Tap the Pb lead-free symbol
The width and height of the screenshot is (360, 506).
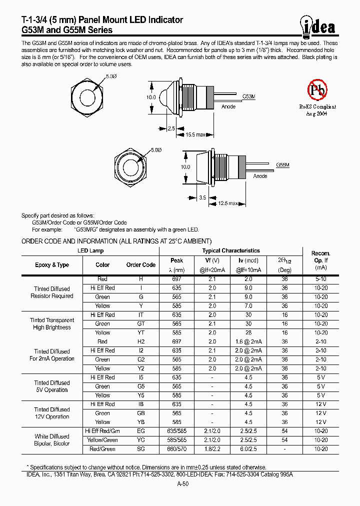(317, 90)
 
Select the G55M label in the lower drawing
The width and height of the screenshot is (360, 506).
(283, 164)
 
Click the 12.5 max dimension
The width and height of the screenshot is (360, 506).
(227, 203)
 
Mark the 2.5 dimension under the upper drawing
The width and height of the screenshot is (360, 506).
(171, 128)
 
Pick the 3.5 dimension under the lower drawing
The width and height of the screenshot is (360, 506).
(202, 197)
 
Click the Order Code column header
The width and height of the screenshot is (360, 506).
(140, 265)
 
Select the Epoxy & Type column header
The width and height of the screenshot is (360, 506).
(52, 265)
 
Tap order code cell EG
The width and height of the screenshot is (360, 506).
(140, 431)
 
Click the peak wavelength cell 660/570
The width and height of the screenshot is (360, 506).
(176, 449)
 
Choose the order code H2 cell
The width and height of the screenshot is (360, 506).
(140, 341)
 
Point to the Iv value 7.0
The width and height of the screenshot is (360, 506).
(248, 305)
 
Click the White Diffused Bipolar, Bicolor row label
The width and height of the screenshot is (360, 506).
(52, 440)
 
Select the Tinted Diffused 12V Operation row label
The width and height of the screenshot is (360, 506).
(52, 413)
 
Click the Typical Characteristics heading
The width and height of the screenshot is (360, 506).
(230, 250)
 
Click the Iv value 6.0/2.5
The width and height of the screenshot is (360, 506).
(248, 449)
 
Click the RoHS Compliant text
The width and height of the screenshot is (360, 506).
(317, 106)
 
